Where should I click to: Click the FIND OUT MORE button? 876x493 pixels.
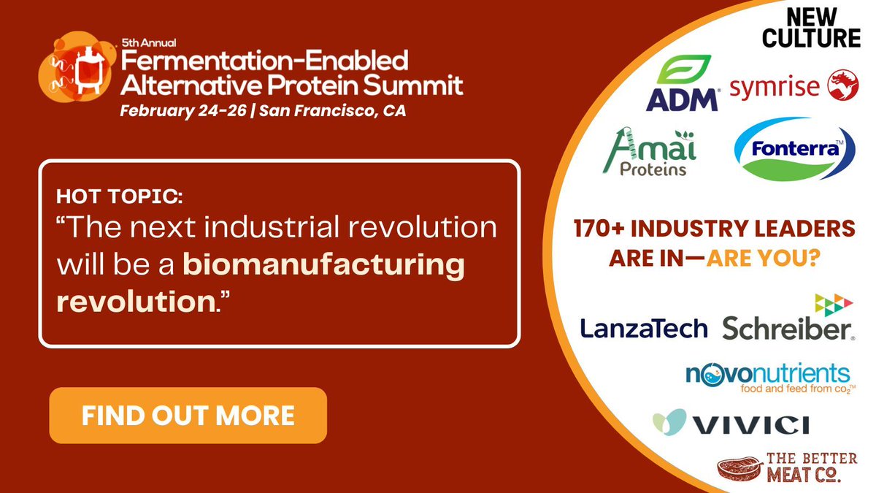[188, 416]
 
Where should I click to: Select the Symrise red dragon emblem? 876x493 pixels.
[843, 85]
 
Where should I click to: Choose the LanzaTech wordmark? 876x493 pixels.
[644, 329]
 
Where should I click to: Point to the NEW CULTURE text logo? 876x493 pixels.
[811, 28]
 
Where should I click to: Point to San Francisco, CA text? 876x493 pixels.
[332, 112]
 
